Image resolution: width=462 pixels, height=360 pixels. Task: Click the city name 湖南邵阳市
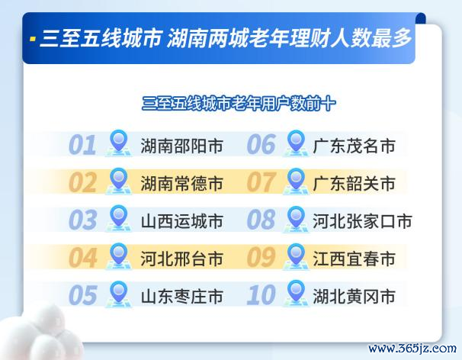[x=181, y=146]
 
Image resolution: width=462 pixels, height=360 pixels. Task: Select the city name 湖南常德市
[x=181, y=183]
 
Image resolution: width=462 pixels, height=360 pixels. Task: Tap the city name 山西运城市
[x=181, y=221]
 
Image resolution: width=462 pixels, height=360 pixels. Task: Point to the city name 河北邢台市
[x=181, y=259]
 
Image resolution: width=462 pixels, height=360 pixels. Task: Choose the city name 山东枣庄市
[x=181, y=297]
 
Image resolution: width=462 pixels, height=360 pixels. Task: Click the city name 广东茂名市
[x=354, y=146]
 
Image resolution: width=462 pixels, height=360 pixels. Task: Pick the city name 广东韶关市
[x=354, y=183]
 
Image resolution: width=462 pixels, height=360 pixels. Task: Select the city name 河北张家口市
[x=362, y=221]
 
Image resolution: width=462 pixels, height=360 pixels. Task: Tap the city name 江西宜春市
[x=354, y=259]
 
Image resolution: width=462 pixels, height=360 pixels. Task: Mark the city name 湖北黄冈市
[x=354, y=297]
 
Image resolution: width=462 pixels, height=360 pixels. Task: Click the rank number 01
[x=82, y=145]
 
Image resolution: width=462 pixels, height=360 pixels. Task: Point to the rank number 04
[x=83, y=257]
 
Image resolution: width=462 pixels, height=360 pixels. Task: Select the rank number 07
[x=261, y=182]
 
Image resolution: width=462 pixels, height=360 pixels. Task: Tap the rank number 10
[x=261, y=295]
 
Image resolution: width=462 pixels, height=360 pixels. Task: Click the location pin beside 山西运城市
[x=118, y=218]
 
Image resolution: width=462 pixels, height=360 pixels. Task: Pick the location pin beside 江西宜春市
[x=296, y=256]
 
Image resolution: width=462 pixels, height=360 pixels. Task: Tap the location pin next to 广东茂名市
[x=296, y=143]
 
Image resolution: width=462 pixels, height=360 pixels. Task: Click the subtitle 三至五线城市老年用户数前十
[x=239, y=104]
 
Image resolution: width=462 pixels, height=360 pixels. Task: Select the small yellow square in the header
[x=33, y=39]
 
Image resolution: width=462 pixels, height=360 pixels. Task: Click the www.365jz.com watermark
[x=412, y=349]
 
